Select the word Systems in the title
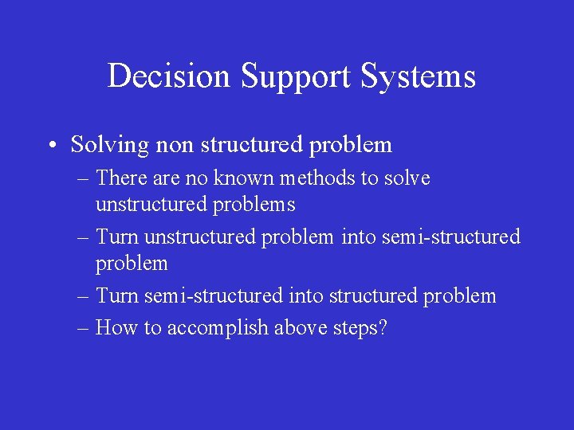click(x=419, y=76)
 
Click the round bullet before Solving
click(x=50, y=146)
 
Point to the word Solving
click(x=110, y=145)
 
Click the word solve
click(x=407, y=178)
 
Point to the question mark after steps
click(x=382, y=328)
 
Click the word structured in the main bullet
click(x=252, y=145)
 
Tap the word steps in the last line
click(x=356, y=328)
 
